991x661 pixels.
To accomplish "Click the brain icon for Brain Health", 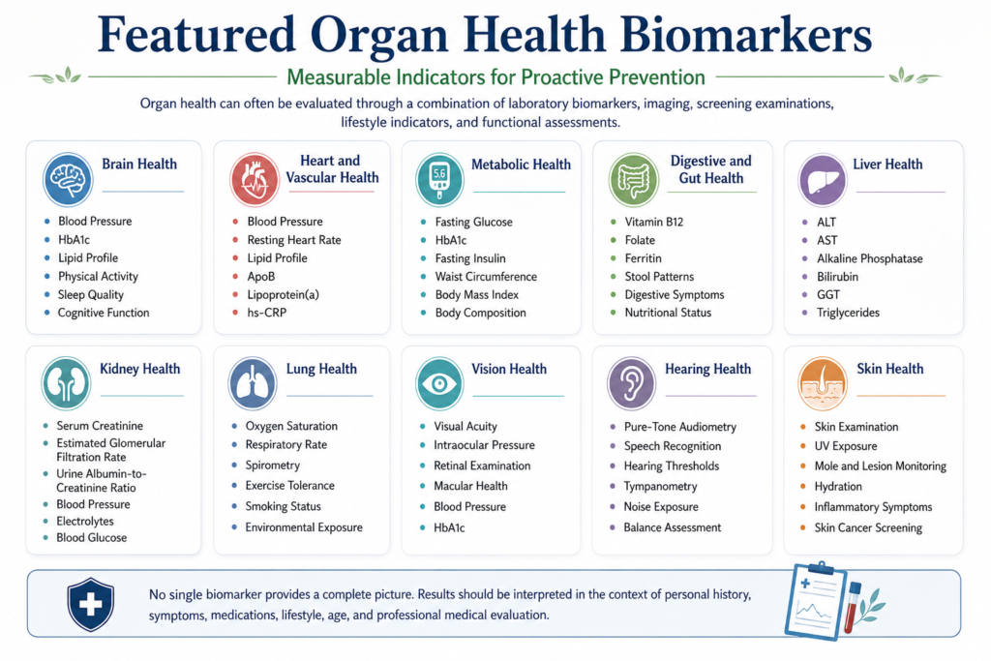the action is point(68,179).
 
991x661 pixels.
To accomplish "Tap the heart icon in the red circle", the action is point(255,179).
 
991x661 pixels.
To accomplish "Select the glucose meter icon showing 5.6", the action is point(440,179).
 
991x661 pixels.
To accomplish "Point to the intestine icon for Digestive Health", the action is point(633,179).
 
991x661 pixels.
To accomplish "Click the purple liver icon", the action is point(822,179).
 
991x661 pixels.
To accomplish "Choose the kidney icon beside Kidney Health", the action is point(66,383).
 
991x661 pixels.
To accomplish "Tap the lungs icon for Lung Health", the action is point(253,383).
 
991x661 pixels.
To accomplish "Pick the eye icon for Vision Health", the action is point(439,383).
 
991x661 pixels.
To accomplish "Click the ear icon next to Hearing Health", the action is point(631,383).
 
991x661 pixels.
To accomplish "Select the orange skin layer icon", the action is point(823,383).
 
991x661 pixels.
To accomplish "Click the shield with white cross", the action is point(90,604).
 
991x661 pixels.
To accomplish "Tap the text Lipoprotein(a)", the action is point(284,294).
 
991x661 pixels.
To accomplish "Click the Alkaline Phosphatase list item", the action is point(870,258).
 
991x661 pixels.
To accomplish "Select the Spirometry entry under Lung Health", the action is point(272,466).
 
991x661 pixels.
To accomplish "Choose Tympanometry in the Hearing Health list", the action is point(660,486).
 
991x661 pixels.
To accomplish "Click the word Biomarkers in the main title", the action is point(746,35).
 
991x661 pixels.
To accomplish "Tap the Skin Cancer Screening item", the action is point(868,527).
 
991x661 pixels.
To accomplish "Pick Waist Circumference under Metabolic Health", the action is point(486,276).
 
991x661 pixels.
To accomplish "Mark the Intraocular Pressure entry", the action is point(484,445).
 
